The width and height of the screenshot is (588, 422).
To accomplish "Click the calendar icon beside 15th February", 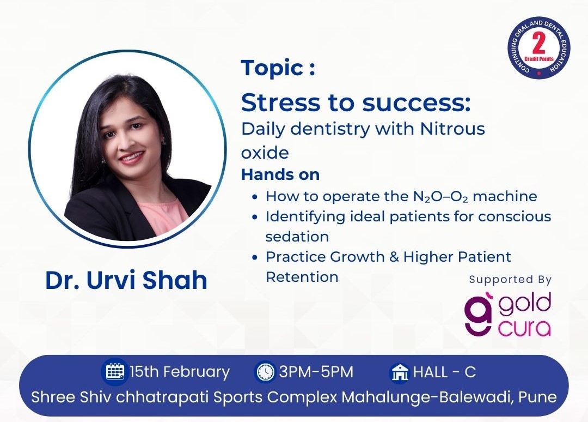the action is tap(115, 372).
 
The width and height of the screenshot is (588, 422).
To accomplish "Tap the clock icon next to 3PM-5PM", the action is tap(266, 372).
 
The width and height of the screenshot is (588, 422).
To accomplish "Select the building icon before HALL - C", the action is tap(400, 372).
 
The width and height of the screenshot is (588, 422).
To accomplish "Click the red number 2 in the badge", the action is tap(538, 44).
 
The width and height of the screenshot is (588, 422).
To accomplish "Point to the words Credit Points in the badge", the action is tap(539, 59).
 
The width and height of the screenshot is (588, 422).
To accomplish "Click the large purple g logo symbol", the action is tap(478, 315).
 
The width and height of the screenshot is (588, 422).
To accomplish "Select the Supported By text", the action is tap(510, 280).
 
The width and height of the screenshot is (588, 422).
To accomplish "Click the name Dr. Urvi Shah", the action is tap(126, 280).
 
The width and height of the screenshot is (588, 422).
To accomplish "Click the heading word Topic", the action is tap(272, 68).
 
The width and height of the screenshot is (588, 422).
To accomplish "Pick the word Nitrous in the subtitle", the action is tap(452, 129).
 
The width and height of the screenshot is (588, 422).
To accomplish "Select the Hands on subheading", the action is tap(280, 174).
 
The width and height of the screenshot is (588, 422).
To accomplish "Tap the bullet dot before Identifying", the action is tap(255, 216).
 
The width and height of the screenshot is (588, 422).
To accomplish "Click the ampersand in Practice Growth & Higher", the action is tap(394, 257).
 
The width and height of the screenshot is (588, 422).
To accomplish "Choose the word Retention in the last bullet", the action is tap(302, 277).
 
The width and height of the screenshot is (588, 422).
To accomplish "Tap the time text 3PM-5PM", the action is tap(316, 372).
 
